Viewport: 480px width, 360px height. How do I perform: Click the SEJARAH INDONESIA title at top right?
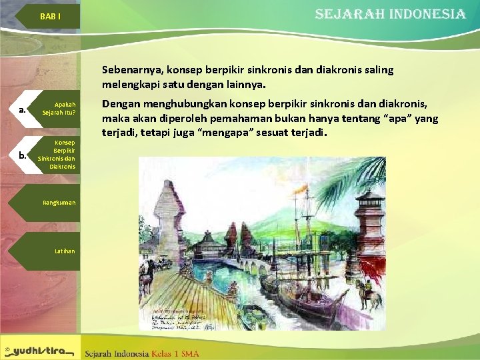[x=390, y=14]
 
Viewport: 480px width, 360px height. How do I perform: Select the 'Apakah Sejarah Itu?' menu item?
[x=60, y=109]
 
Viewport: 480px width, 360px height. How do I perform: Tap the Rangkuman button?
[x=59, y=202]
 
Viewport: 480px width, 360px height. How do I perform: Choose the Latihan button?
[x=65, y=251]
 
